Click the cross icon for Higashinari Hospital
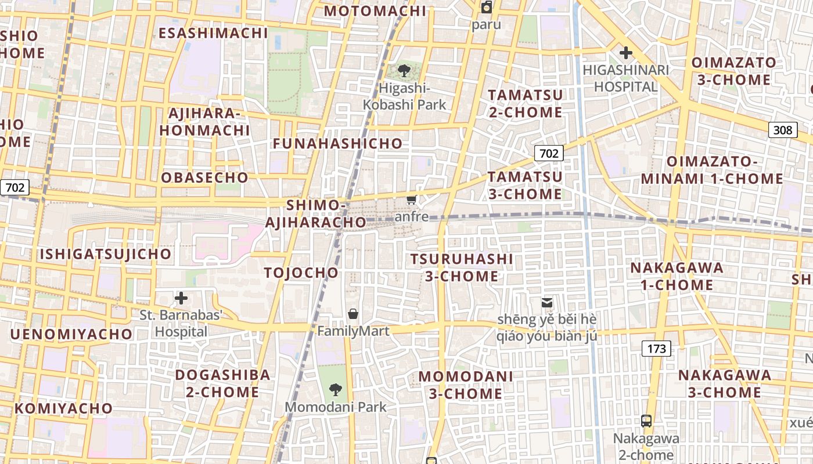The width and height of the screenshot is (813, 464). [625, 53]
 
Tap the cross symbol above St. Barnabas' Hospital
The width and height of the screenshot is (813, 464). [181, 299]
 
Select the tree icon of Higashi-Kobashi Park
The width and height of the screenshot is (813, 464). [404, 71]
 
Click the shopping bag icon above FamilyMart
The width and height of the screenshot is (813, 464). [353, 314]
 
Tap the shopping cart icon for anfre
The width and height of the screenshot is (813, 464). [411, 201]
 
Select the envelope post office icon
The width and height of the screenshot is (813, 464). [546, 302]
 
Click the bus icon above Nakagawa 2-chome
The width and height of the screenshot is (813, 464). [646, 421]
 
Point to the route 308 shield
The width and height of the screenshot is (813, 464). [782, 130]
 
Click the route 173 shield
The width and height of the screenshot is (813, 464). [656, 349]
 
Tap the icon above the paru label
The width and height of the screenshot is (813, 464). [486, 8]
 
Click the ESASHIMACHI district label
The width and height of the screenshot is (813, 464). [213, 33]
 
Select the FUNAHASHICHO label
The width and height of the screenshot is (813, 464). [337, 143]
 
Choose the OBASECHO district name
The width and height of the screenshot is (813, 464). [204, 177]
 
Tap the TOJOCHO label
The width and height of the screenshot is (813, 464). [301, 273]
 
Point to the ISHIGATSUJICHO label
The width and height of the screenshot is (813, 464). [106, 254]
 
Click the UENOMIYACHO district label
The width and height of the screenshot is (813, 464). [71, 334]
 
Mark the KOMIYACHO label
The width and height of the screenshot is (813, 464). [64, 408]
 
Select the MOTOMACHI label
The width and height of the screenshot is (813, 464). [375, 11]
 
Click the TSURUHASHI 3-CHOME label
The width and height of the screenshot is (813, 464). [462, 267]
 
